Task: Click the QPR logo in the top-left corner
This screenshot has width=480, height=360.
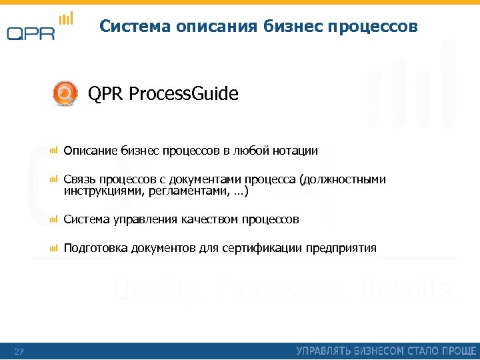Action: point(38,27)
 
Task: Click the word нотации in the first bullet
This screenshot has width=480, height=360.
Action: point(295,151)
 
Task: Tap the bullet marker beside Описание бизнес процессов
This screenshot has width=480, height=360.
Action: point(54,151)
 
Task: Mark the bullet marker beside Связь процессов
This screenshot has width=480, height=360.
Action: point(54,180)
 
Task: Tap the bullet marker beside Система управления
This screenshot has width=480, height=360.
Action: point(54,219)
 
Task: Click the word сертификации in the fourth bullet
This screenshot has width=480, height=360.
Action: point(262,249)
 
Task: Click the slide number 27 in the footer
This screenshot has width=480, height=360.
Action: point(19,351)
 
